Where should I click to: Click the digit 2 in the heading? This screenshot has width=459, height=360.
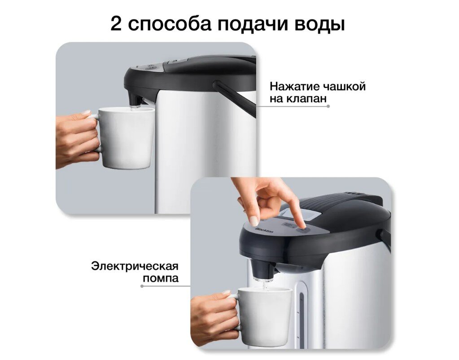116,24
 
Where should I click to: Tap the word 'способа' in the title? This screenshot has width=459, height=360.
170,25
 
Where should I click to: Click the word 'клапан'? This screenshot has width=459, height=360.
306,99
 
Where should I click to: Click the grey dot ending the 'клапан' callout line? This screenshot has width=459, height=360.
328,106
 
